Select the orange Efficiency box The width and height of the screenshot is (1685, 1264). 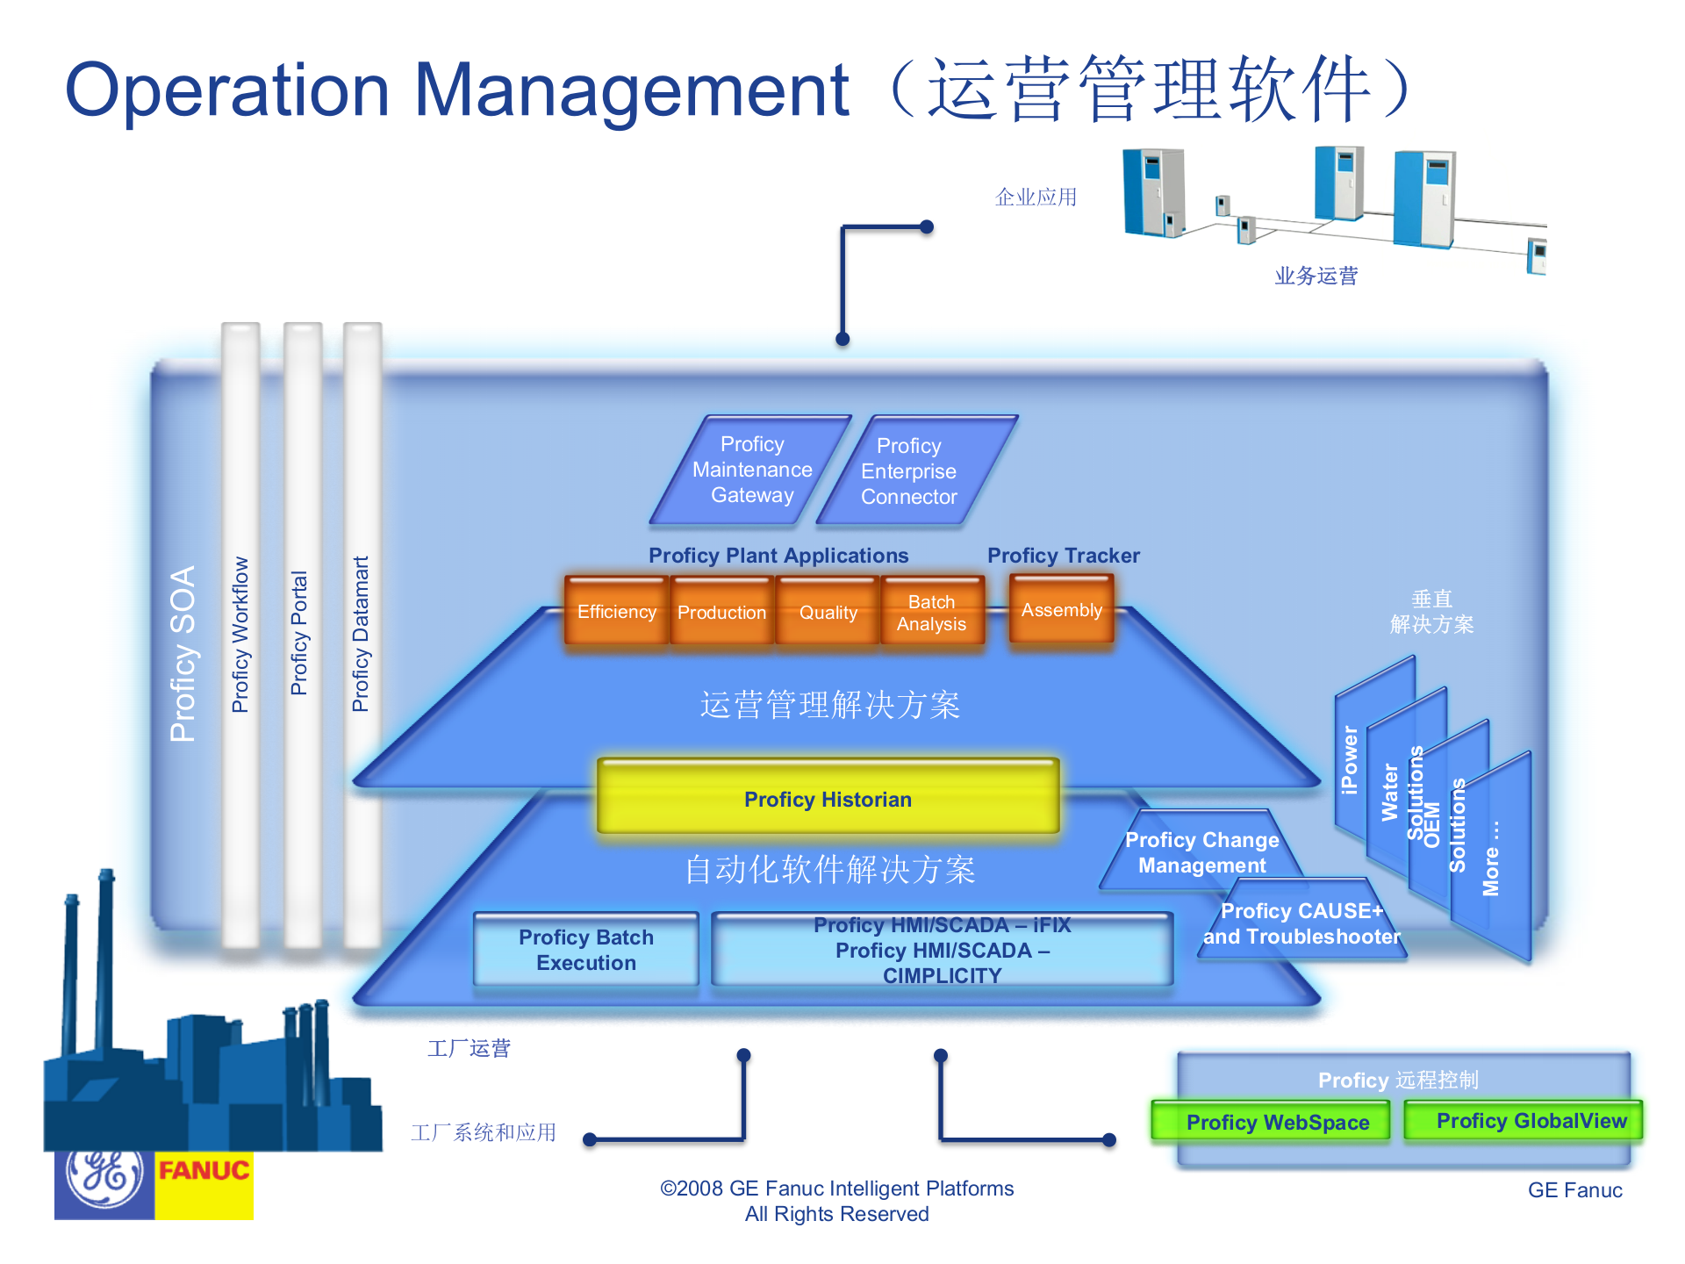[616, 612]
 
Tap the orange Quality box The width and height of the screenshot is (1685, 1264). [828, 612]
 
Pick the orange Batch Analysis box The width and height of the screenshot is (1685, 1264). [931, 612]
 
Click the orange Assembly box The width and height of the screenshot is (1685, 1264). [1061, 610]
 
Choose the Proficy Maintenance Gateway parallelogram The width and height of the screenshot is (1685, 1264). [751, 470]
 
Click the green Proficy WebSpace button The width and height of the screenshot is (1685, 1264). [1277, 1122]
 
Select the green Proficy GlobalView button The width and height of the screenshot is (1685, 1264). [1531, 1120]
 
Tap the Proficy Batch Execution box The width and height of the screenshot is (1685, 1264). [585, 950]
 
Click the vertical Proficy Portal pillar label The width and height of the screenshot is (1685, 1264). [299, 632]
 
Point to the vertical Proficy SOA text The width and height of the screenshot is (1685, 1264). [183, 654]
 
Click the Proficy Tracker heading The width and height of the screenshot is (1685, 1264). [1063, 556]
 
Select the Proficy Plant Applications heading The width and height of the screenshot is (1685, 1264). [778, 556]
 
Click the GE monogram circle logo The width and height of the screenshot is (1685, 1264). [105, 1176]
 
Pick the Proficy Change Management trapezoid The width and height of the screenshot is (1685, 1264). [1201, 852]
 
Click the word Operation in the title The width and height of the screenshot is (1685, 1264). [226, 91]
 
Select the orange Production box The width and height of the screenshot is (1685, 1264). [721, 612]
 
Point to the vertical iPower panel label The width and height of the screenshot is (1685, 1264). [1350, 759]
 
